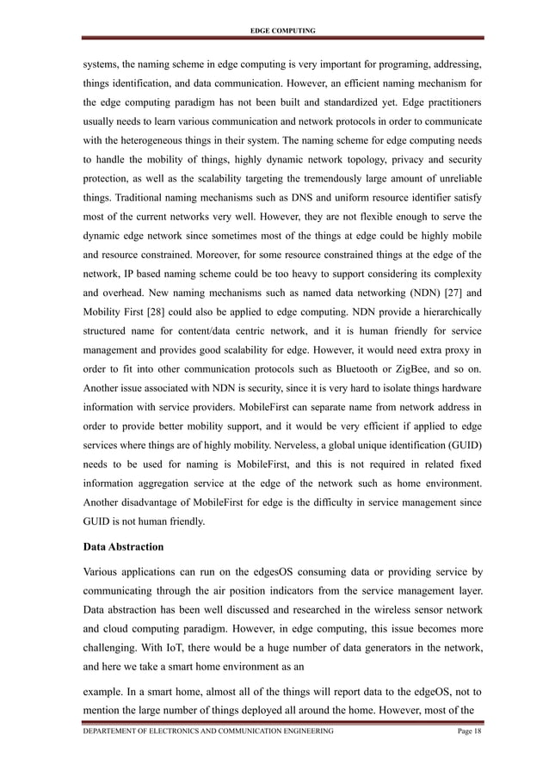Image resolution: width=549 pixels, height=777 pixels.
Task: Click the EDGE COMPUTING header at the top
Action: coord(281,31)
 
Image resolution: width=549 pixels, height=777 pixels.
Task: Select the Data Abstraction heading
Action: coord(127,546)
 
